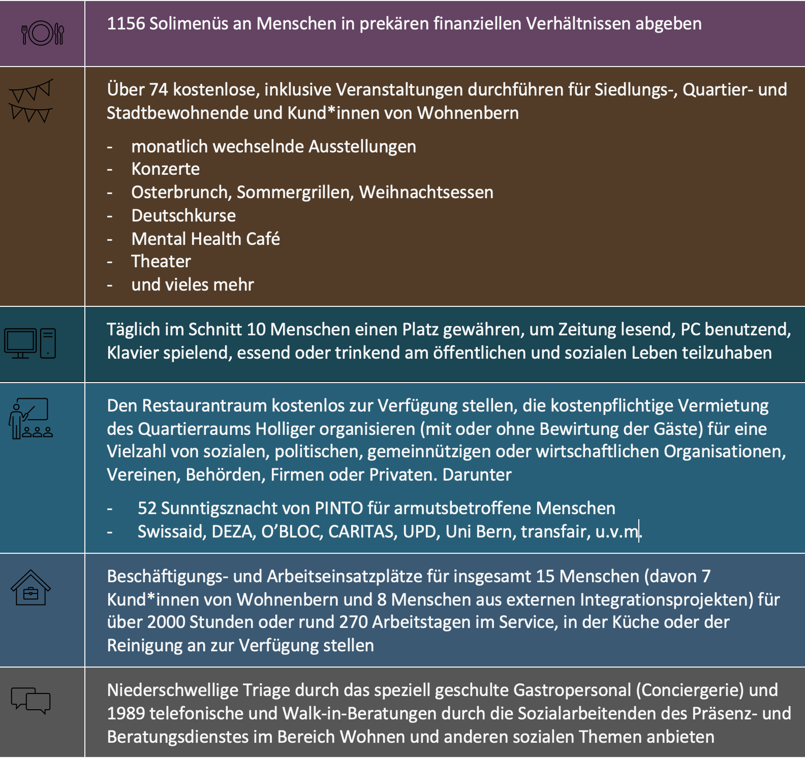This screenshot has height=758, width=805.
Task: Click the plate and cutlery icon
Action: pyautogui.click(x=43, y=34)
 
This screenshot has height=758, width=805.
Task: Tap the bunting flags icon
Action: pyautogui.click(x=31, y=101)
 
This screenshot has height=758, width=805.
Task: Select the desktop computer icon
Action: pyautogui.click(x=30, y=343)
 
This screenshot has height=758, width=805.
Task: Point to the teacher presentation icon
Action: pyautogui.click(x=30, y=418)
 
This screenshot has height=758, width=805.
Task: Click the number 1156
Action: pyautogui.click(x=126, y=24)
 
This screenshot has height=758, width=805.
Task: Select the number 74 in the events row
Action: pyautogui.click(x=159, y=90)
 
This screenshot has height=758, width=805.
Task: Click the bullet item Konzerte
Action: pyautogui.click(x=165, y=169)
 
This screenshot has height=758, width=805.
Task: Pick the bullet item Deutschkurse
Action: pyautogui.click(x=183, y=216)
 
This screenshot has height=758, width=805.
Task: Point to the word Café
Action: pyautogui.click(x=263, y=239)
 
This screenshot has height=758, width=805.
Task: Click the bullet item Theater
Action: pyautogui.click(x=161, y=262)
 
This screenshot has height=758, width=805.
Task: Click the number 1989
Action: pyautogui.click(x=126, y=714)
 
